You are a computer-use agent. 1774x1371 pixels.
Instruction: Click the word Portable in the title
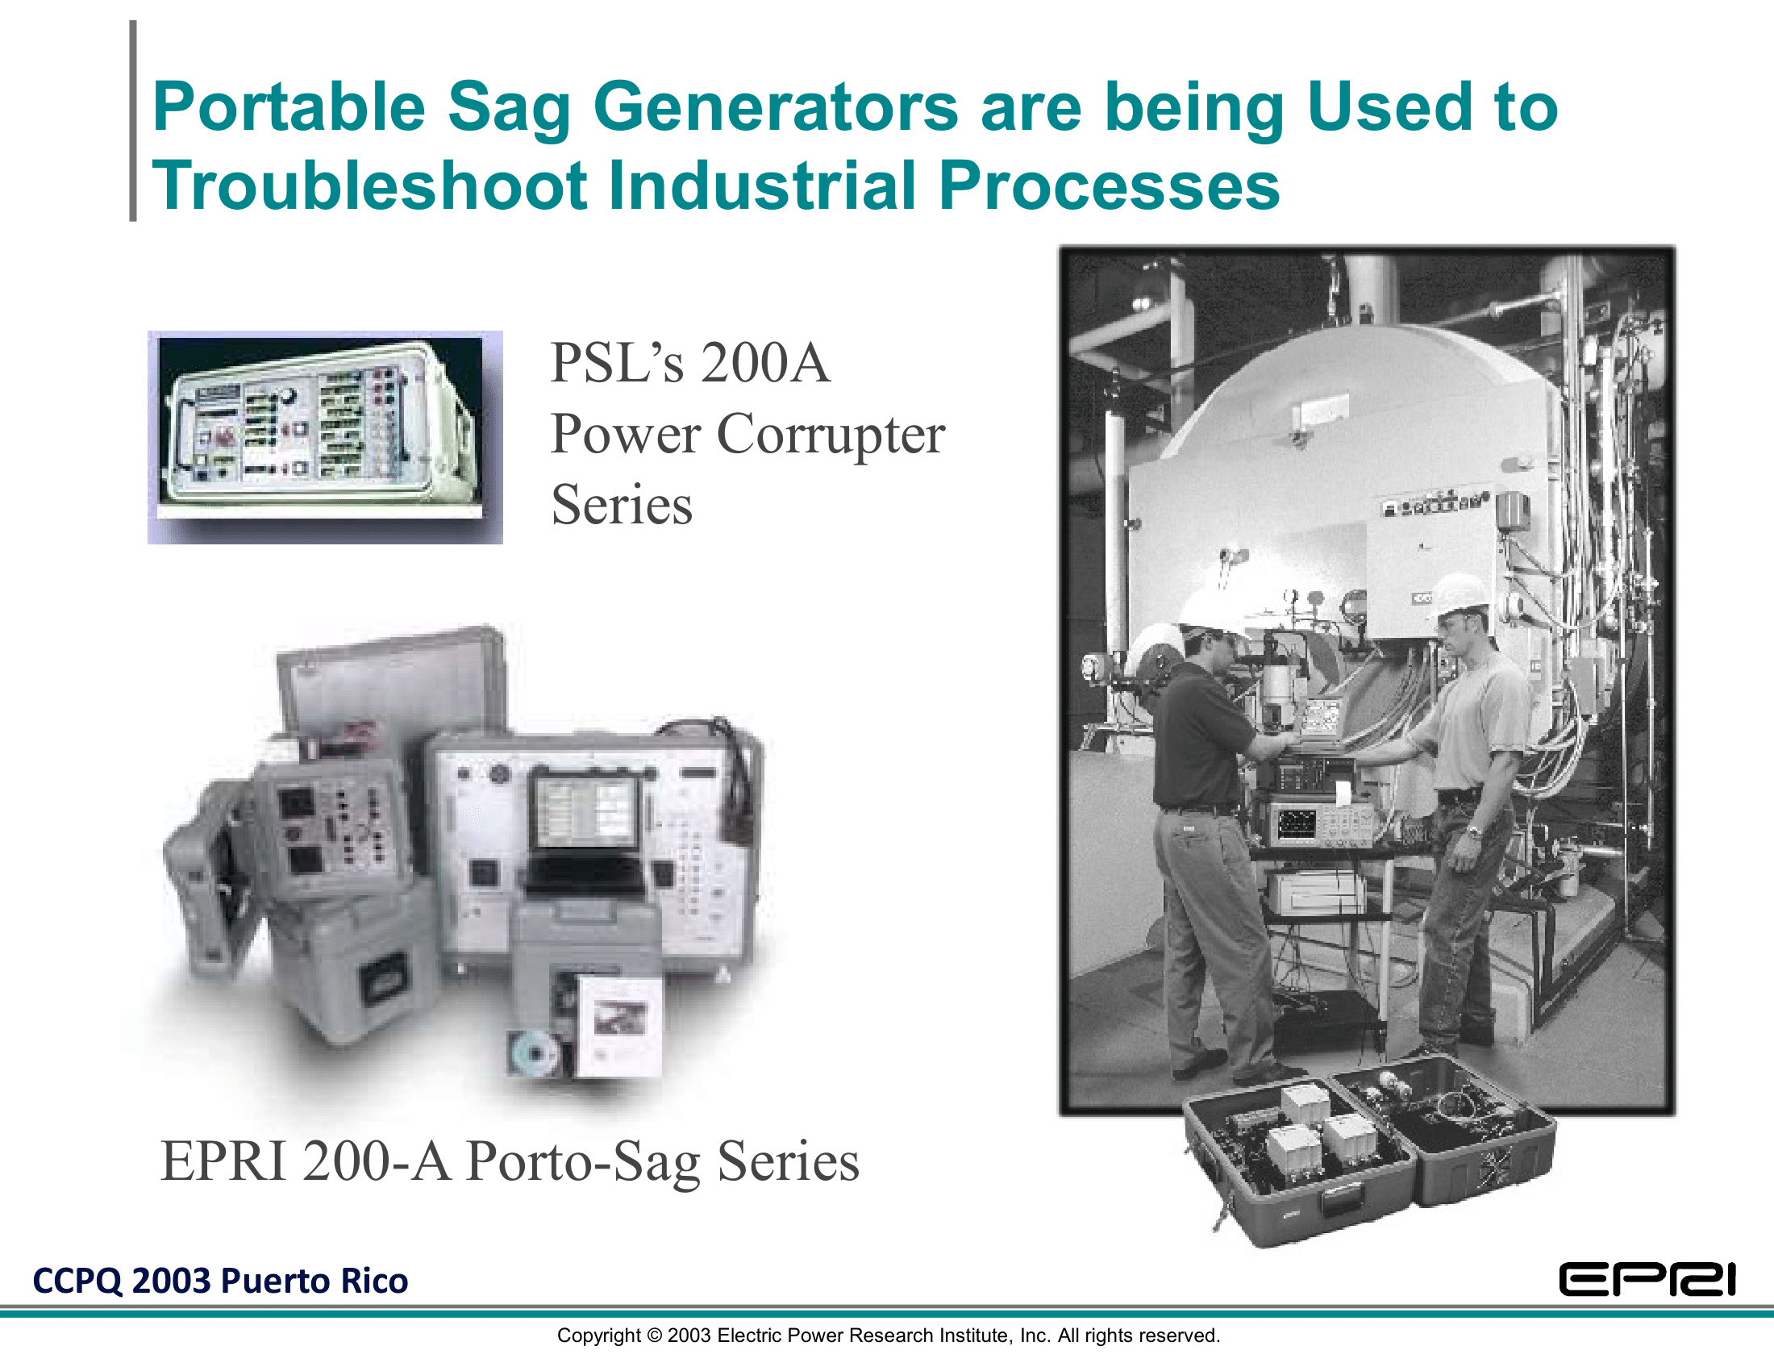point(289,106)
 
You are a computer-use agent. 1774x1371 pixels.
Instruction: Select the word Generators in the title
point(777,108)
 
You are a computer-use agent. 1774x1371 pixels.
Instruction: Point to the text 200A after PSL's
point(765,362)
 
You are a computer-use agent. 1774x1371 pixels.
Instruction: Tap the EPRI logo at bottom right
point(1647,1281)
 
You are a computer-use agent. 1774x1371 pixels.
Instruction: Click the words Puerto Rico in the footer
point(314,1281)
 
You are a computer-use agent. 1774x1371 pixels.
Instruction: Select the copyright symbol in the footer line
point(654,1336)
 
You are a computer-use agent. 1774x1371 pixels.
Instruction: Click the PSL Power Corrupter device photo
point(325,437)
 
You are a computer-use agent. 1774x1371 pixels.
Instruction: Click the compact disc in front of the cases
point(533,1053)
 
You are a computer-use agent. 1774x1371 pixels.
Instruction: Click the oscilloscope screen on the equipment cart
point(1297,823)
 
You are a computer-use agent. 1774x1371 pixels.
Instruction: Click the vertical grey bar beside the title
point(133,121)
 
